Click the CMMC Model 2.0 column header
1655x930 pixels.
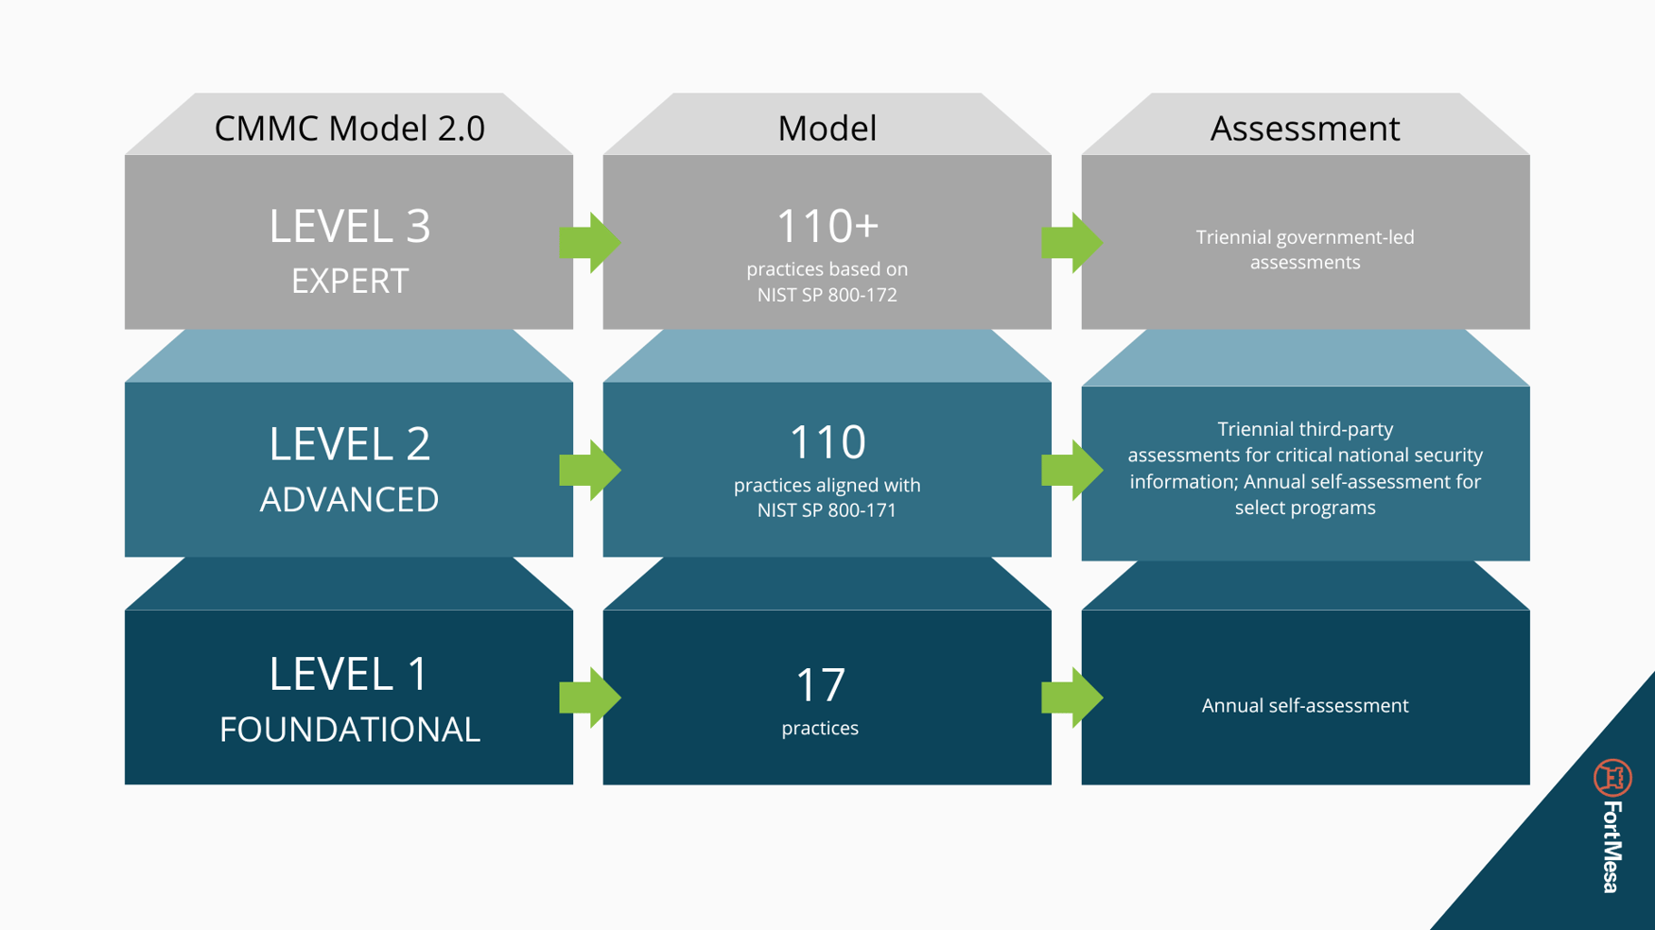[349, 129]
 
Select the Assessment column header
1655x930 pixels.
[1304, 129]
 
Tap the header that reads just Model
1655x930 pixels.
[827, 129]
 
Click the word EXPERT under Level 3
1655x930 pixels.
[349, 281]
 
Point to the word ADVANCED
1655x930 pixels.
[349, 499]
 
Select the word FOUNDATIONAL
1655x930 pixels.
[349, 729]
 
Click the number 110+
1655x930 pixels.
[827, 226]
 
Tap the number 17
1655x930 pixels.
[820, 685]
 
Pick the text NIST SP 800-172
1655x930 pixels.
[827, 295]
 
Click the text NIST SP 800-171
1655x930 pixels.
[827, 510]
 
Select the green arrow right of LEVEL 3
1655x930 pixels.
[589, 243]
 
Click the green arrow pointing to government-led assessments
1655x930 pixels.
[1071, 243]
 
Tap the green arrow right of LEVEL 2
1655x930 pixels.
[589, 470]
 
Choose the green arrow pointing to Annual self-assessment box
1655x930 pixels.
[1071, 697]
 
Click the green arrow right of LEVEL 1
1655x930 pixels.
[589, 697]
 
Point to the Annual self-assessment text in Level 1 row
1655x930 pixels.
[1304, 705]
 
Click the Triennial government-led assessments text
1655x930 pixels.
[1304, 250]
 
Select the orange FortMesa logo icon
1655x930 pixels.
[1611, 778]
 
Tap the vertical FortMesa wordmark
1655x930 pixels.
[1612, 847]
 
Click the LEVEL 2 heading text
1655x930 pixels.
[349, 443]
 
